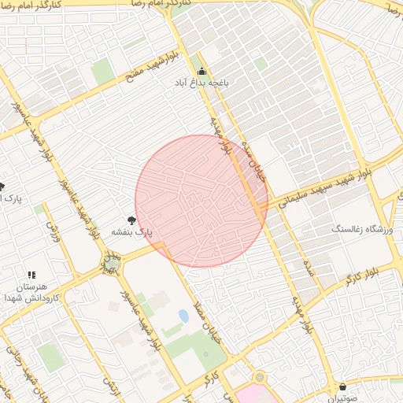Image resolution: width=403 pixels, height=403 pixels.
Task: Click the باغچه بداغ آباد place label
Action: [201, 82]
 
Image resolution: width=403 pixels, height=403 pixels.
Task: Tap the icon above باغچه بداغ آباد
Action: [201, 70]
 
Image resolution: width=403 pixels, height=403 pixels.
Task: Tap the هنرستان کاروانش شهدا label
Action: [31, 293]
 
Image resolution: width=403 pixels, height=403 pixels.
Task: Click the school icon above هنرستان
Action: [31, 275]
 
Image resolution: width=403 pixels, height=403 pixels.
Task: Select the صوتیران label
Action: [342, 398]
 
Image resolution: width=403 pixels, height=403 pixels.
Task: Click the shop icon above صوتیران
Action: [342, 386]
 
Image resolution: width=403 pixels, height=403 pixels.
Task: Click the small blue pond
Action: [183, 316]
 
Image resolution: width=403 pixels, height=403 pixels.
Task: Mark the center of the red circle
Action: [201, 201]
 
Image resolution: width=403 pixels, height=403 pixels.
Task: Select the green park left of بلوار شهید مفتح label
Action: [102, 72]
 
